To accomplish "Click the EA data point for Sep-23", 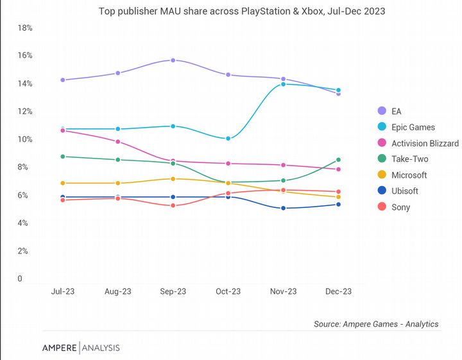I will click(173, 60).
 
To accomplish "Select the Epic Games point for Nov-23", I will click(283, 84).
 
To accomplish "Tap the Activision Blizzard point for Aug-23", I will click(117, 142).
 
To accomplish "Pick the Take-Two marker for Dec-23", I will click(338, 160).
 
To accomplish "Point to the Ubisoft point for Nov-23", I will click(283, 209).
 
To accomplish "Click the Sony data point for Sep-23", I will click(173, 205).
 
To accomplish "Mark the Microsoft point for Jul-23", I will click(62, 184).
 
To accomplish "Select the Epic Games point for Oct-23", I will click(228, 139).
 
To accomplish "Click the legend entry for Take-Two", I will click(409, 159).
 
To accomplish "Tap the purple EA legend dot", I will click(382, 111).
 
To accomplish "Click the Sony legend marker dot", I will click(382, 207).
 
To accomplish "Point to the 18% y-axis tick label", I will click(26, 28).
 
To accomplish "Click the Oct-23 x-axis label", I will click(228, 291).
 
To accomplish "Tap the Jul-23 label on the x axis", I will click(62, 291).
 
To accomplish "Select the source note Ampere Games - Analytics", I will click(376, 324).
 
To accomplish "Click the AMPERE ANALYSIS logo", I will click(81, 348).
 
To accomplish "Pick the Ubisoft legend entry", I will click(405, 191).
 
